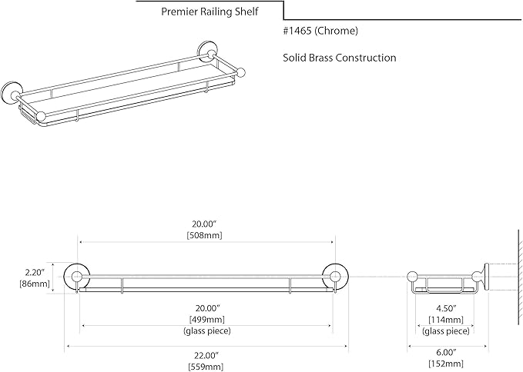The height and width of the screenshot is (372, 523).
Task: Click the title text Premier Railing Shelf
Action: tap(210, 12)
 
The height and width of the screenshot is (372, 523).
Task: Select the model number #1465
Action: tap(297, 31)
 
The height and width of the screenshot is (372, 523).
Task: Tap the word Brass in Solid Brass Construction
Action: tap(321, 58)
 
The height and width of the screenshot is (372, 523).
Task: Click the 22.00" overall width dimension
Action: tap(206, 355)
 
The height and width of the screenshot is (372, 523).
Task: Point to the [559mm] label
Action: tap(206, 367)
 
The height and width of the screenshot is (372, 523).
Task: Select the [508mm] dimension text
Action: tap(204, 235)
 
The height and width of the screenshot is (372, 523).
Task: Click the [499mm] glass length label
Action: tap(207, 320)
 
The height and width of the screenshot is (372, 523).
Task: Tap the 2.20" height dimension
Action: tap(35, 273)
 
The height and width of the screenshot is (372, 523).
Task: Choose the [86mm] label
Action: tap(35, 284)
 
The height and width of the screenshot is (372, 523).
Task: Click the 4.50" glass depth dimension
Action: tap(446, 308)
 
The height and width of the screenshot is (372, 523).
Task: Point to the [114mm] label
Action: tap(446, 320)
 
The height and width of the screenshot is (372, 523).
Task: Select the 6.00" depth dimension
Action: tap(446, 352)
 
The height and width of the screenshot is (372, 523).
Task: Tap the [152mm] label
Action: tap(446, 364)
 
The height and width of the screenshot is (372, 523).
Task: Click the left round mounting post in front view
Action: tap(77, 277)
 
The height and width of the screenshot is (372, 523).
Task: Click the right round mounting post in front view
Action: tap(335, 277)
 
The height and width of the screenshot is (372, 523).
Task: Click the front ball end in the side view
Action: tap(413, 277)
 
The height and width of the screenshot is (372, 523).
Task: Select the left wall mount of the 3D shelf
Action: tap(10, 92)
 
